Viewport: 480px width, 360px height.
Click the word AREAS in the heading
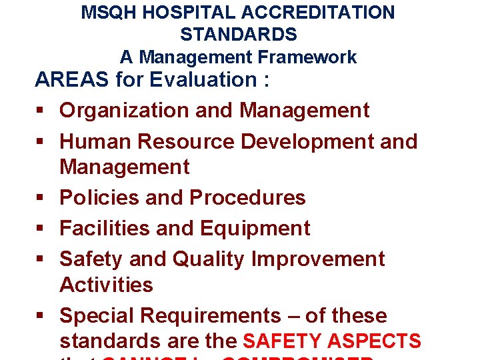click(x=72, y=80)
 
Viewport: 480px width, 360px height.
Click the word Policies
click(x=101, y=198)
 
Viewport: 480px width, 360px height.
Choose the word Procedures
click(x=247, y=198)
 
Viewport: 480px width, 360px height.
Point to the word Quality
click(x=208, y=259)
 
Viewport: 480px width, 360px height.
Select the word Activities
click(x=106, y=285)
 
